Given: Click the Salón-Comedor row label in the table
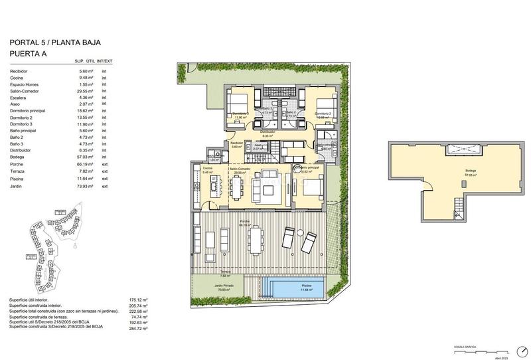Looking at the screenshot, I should pos(25,92).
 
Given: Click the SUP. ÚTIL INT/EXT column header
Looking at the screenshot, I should pos(94,62).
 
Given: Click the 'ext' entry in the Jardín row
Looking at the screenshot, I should pos(104,187).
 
